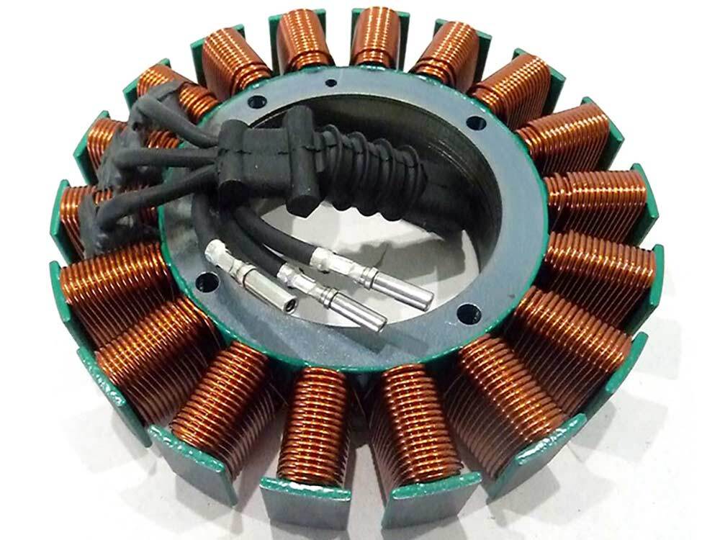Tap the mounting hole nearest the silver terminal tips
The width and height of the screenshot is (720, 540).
point(467,312)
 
